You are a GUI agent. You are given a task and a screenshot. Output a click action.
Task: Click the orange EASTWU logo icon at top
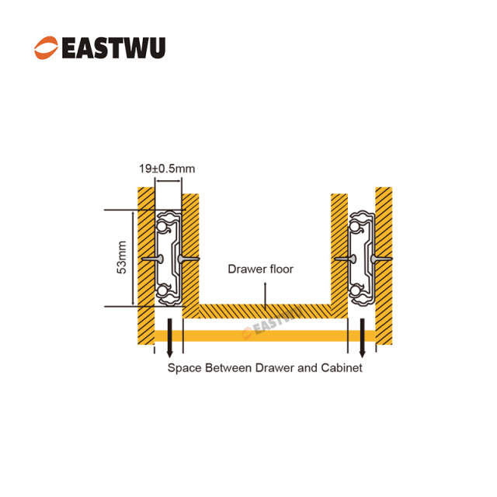(46, 47)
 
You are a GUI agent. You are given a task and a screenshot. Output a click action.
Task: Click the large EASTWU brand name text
(113, 47)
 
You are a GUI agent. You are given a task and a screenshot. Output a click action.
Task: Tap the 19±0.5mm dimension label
(168, 167)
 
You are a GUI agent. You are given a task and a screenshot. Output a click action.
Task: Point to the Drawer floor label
(260, 270)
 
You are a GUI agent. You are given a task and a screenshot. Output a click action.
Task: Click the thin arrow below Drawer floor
(266, 294)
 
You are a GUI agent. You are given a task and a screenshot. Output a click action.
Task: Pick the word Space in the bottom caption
(183, 367)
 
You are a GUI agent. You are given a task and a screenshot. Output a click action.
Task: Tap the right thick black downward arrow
(362, 341)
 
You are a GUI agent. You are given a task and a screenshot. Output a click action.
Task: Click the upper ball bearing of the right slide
(359, 225)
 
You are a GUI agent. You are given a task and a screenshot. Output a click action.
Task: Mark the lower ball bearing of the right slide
(358, 291)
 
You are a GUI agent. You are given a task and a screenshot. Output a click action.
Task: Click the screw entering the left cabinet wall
(152, 259)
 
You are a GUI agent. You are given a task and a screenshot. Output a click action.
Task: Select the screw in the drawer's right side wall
(341, 258)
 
